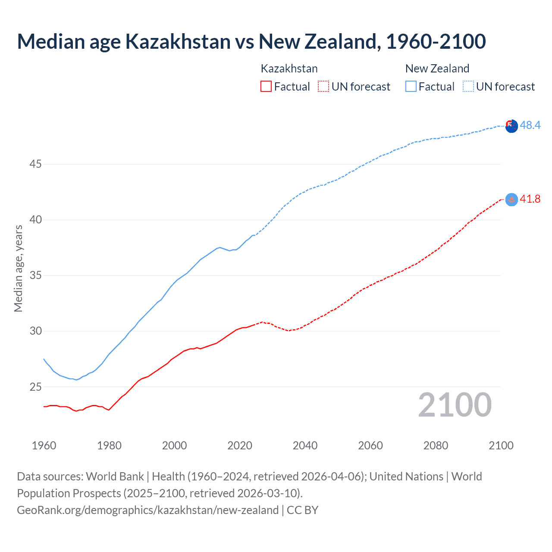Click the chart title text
pyautogui.click(x=251, y=42)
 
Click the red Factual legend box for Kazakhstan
pyautogui.click(x=266, y=86)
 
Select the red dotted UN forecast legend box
pyautogui.click(x=323, y=86)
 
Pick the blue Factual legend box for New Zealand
pyautogui.click(x=411, y=86)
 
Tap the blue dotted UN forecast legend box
pyautogui.click(x=468, y=86)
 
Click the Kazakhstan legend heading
pyautogui.click(x=289, y=69)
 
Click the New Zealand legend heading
pyautogui.click(x=437, y=69)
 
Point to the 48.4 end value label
pyautogui.click(x=530, y=125)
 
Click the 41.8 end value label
pyautogui.click(x=530, y=199)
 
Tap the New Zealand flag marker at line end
pyautogui.click(x=511, y=126)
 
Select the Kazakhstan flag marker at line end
pyautogui.click(x=511, y=199)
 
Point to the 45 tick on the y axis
pyautogui.click(x=36, y=164)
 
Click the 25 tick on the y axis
pyautogui.click(x=36, y=387)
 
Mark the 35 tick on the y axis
pyautogui.click(x=36, y=276)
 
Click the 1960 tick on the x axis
pyautogui.click(x=44, y=445)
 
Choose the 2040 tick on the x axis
pyautogui.click(x=305, y=445)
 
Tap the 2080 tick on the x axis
pyautogui.click(x=436, y=445)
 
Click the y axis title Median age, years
pyautogui.click(x=18, y=268)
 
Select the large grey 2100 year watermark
pyautogui.click(x=455, y=405)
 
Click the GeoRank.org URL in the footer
pyautogui.click(x=147, y=510)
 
